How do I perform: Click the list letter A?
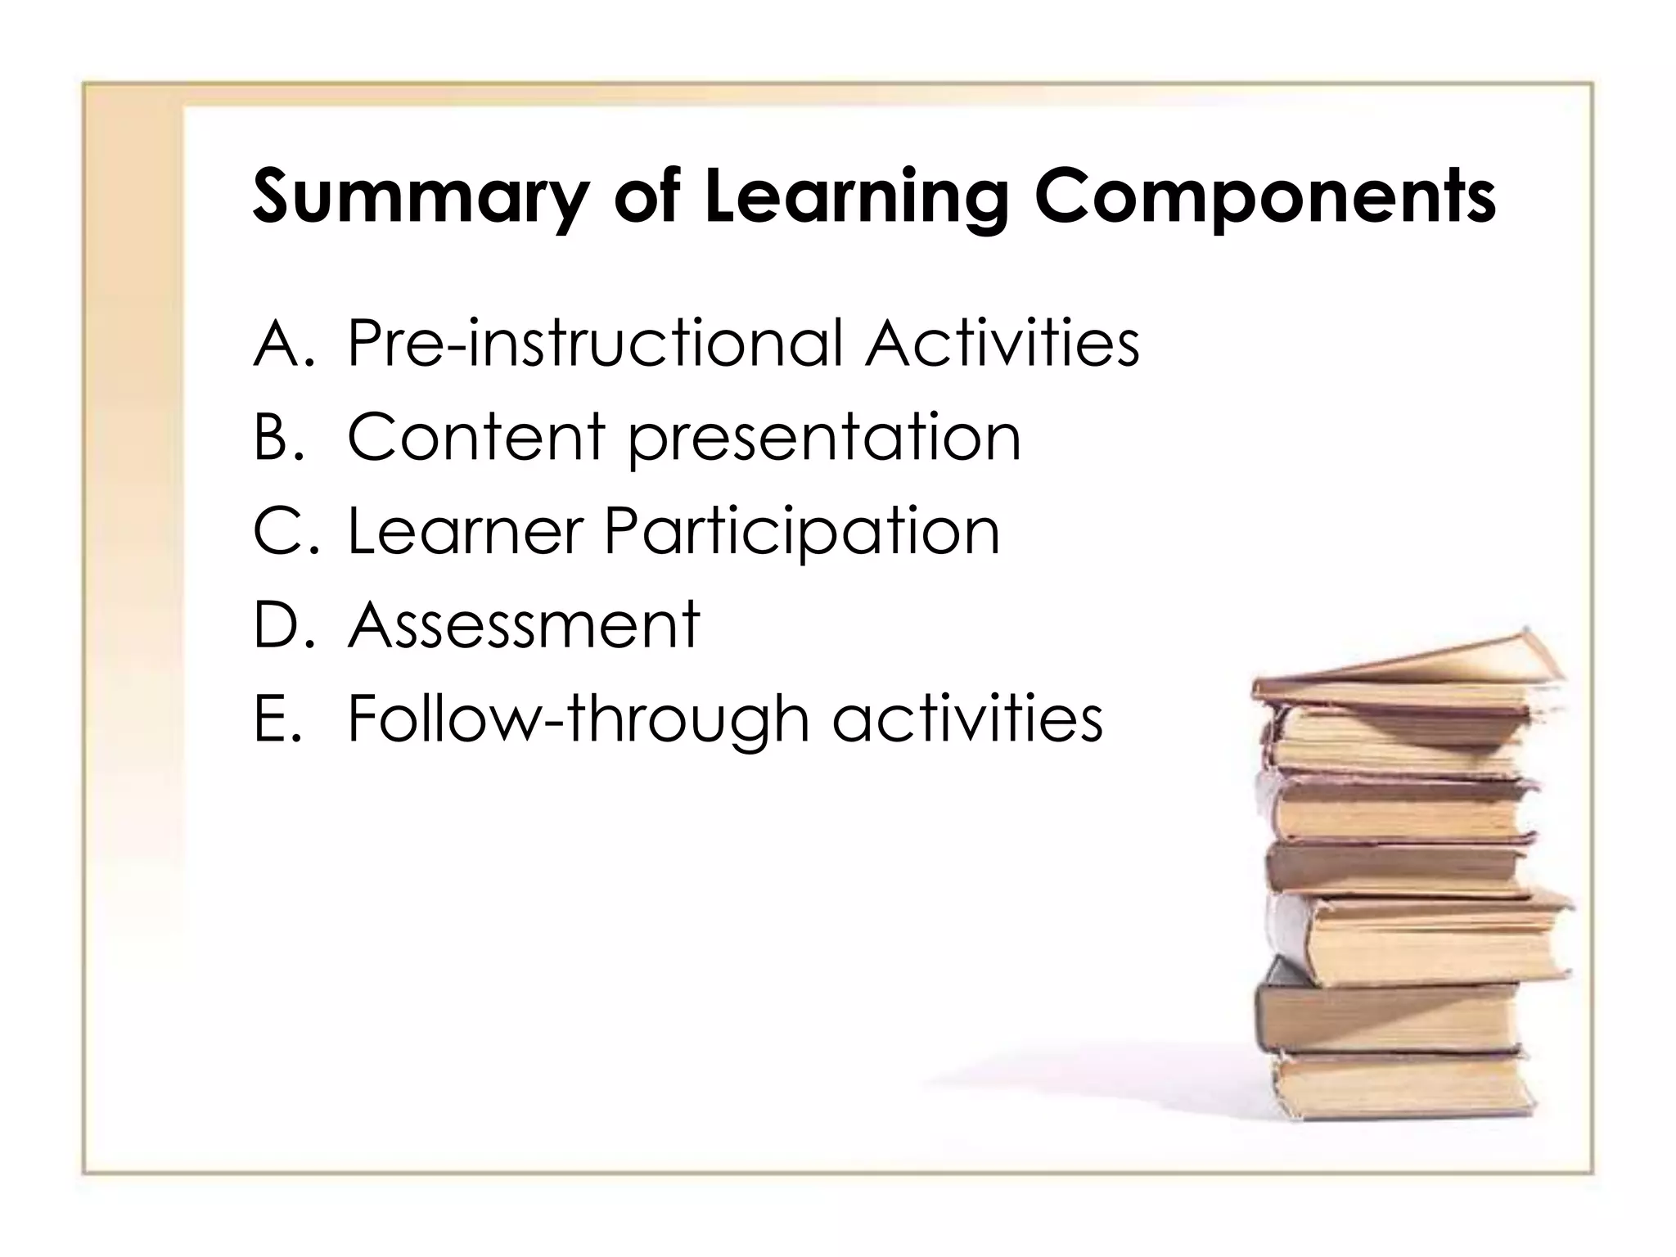279,344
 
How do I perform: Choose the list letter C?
279,531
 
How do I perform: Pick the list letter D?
279,625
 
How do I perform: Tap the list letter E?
274,719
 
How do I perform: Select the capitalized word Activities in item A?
1002,344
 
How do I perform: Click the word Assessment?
524,625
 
